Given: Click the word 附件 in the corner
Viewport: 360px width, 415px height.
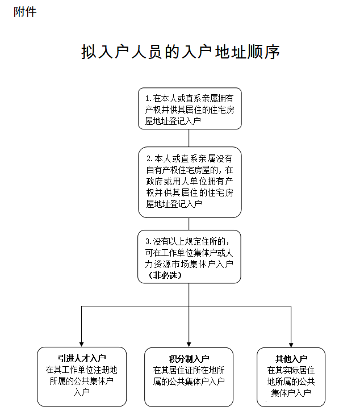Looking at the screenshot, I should coord(25,12).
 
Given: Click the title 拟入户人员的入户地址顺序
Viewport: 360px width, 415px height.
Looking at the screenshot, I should coord(181,52).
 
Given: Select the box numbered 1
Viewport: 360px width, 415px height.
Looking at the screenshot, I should coord(189,108).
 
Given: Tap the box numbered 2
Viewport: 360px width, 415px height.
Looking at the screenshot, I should coord(189,182).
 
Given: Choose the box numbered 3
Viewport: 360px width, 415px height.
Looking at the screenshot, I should coord(189,256).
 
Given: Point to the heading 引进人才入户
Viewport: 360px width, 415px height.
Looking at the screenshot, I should coord(82,358).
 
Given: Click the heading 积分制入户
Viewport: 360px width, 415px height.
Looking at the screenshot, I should coord(189,359).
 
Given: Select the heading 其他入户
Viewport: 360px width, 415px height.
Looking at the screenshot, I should coord(291,359).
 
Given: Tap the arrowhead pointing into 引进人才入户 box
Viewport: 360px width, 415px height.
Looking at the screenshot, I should coord(82,344).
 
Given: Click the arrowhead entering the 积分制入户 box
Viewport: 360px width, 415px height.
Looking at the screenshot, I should coord(189,344).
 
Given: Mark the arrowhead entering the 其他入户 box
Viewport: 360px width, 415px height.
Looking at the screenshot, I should coord(291,344).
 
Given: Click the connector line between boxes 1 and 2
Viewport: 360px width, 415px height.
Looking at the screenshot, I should coord(189,138).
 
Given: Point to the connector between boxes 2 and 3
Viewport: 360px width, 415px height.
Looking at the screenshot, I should coord(189,224).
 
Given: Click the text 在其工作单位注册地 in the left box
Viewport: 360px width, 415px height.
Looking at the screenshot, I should coord(82,370).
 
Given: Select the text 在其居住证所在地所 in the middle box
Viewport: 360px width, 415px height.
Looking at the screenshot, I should coord(189,370).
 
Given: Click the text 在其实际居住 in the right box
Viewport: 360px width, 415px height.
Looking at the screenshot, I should coord(291,370).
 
